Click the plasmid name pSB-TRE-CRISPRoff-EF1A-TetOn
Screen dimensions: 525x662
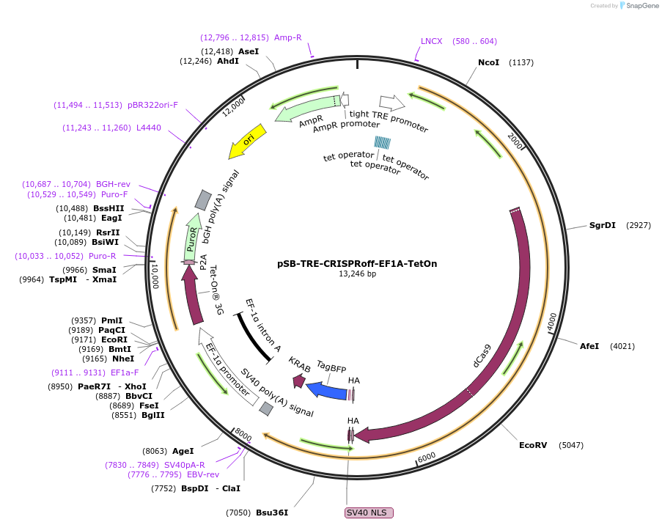click(x=357, y=263)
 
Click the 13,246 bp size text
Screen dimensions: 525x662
click(x=357, y=274)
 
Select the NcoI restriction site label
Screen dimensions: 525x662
click(x=488, y=62)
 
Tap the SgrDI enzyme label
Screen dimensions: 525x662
click(x=603, y=225)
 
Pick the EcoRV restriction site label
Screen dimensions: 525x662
click(x=533, y=445)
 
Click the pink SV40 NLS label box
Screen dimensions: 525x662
click(x=369, y=513)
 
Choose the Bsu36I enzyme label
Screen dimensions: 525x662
click(x=271, y=513)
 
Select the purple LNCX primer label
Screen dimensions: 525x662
click(x=431, y=41)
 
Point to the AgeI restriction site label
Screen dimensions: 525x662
click(x=183, y=451)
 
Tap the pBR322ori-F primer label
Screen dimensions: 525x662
click(x=152, y=105)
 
